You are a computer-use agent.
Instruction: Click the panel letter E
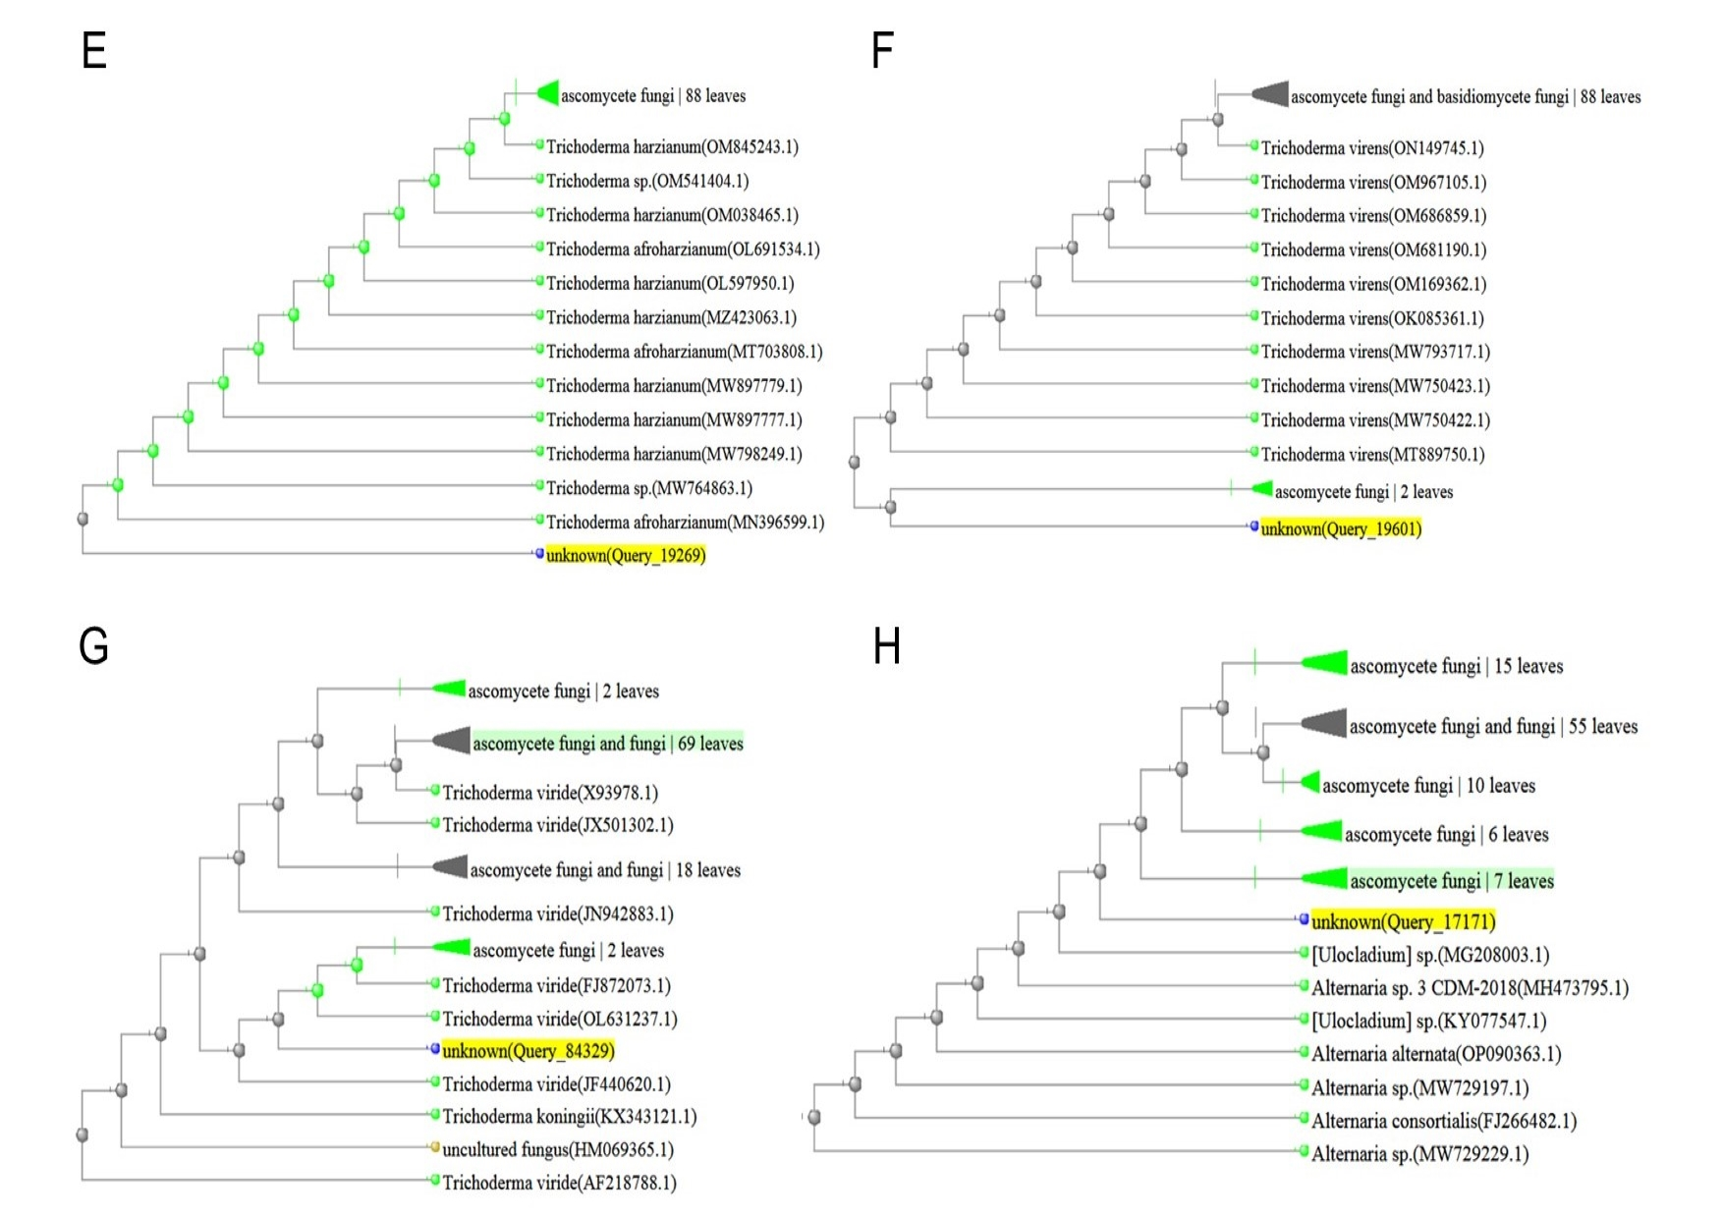(x=94, y=50)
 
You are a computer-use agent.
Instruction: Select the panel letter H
(x=887, y=646)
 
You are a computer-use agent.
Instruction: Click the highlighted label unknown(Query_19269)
(x=626, y=555)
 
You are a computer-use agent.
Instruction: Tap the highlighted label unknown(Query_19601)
(x=1341, y=528)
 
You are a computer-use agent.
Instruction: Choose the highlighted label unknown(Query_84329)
(x=528, y=1050)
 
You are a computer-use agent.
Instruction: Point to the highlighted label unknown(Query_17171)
(x=1403, y=921)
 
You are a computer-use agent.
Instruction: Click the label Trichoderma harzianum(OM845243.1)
(x=672, y=146)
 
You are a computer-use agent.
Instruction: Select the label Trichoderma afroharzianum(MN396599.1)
(x=685, y=522)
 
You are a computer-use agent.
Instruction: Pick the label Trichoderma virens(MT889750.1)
(x=1372, y=454)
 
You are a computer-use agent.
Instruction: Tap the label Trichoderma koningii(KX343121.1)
(x=570, y=1116)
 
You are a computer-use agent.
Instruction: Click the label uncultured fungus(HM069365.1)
(x=558, y=1149)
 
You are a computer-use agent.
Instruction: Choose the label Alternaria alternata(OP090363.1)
(x=1436, y=1054)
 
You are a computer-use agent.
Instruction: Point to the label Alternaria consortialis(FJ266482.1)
(x=1444, y=1121)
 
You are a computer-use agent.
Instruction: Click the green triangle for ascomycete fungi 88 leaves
(x=547, y=93)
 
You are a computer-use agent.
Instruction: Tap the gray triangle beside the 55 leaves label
(x=1323, y=724)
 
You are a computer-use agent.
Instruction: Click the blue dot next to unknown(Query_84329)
(x=435, y=1049)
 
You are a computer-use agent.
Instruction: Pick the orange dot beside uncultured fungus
(x=435, y=1147)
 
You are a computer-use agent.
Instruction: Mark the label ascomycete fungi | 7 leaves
(x=1452, y=881)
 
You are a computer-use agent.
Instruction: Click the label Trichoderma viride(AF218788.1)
(x=559, y=1183)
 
